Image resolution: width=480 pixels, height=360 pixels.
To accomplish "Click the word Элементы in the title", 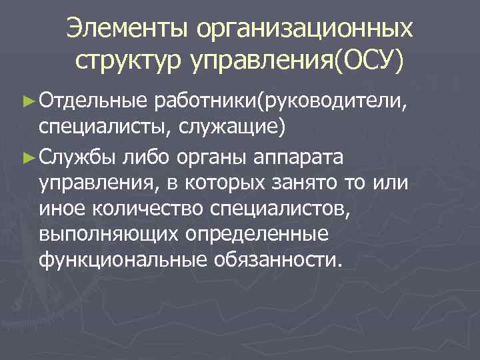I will pyautogui.click(x=126, y=29).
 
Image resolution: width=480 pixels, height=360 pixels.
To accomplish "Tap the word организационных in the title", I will pyautogui.click(x=303, y=30).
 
